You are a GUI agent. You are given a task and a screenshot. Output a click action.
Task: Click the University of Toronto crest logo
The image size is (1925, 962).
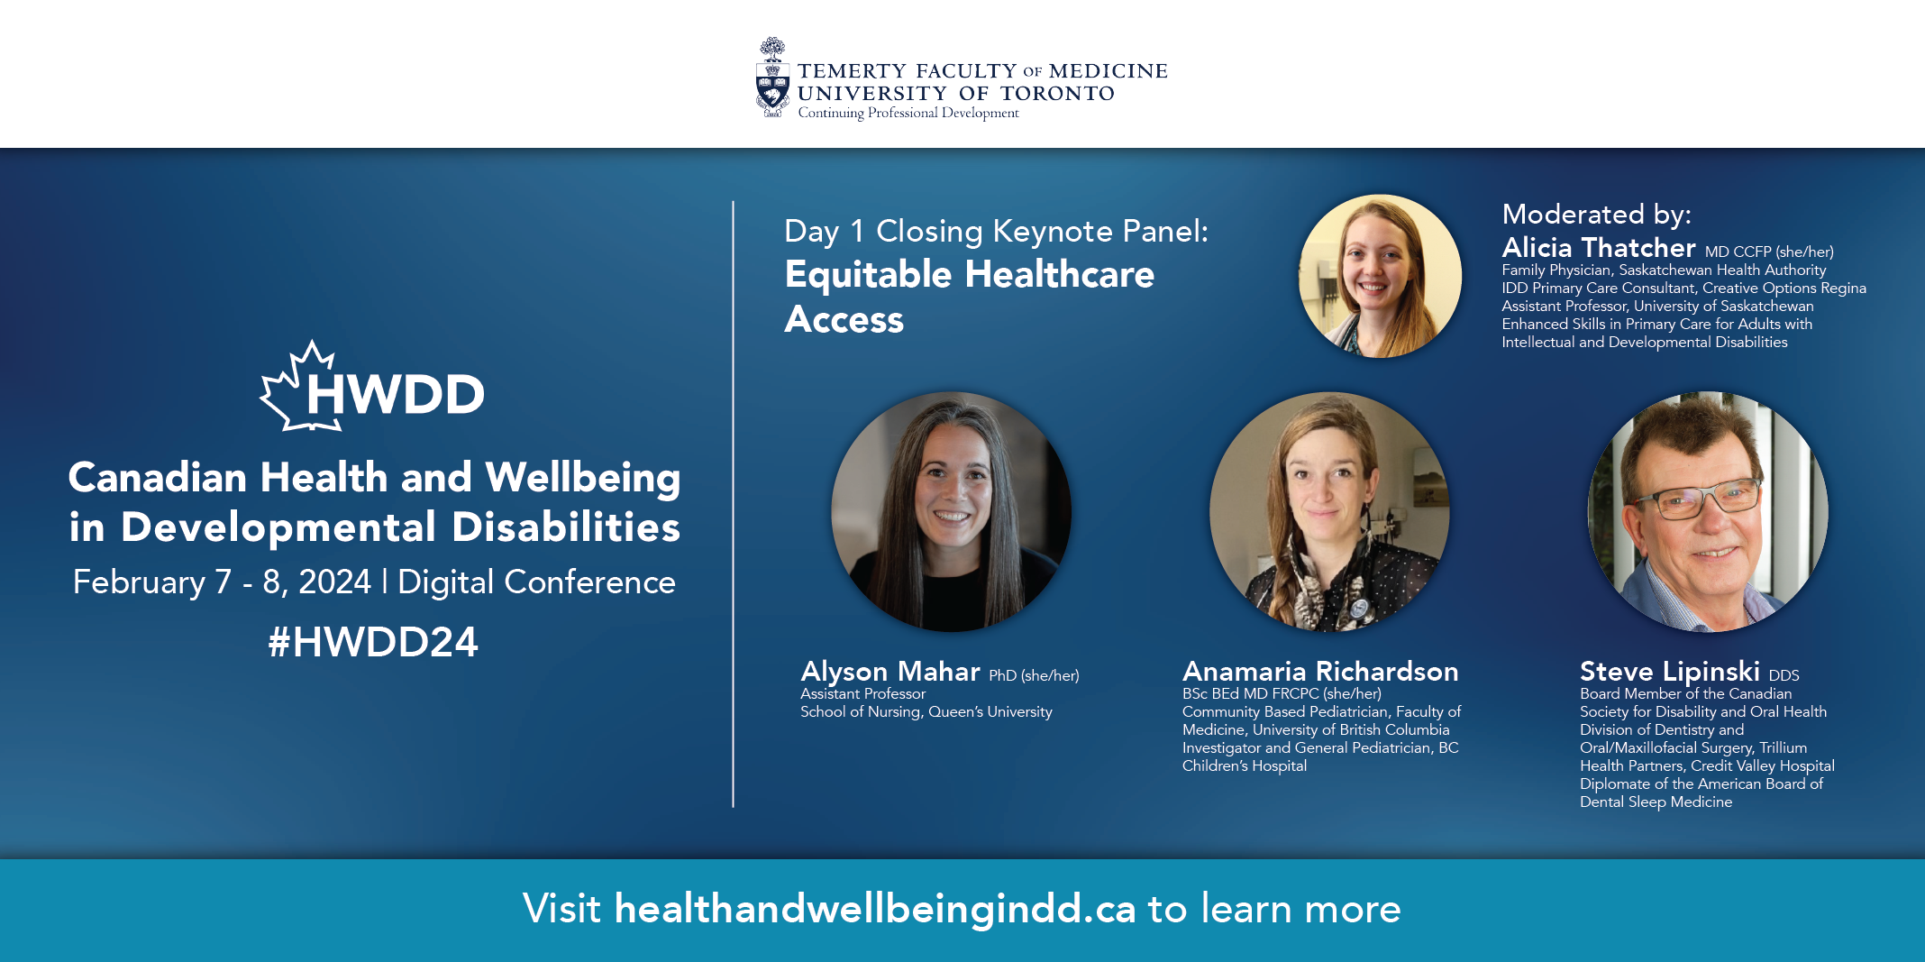pos(771,78)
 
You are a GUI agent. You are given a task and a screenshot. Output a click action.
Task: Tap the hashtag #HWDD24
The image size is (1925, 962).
pos(373,642)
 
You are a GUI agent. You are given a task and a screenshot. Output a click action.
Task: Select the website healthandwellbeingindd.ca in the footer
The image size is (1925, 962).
pos(875,909)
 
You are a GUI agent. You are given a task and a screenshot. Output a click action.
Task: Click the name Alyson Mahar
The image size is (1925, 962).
pos(890,672)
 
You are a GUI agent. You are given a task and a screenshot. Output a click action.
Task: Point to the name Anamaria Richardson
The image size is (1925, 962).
pos(1320,672)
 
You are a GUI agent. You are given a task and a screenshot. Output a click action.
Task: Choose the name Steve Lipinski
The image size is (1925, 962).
pos(1670,672)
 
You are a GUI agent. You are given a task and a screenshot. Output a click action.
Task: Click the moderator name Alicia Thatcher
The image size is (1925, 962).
pos(1599,247)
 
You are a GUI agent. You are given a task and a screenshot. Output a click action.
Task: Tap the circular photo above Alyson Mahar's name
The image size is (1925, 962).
pos(952,511)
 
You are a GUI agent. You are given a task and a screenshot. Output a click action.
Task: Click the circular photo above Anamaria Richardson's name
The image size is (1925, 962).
pos(1330,511)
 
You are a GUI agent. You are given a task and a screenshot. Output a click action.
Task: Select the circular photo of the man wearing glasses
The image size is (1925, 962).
pos(1708,511)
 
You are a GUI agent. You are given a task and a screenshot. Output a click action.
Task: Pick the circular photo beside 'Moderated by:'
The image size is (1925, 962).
pos(1380,276)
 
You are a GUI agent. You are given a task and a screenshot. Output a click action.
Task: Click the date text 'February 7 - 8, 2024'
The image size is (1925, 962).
pos(222,582)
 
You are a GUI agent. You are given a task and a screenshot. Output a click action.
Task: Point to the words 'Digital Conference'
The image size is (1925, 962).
pos(536,583)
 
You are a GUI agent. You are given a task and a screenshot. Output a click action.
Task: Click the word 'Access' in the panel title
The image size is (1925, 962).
pos(844,320)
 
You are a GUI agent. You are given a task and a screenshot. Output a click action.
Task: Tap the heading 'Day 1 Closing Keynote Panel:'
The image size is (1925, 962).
pos(996,232)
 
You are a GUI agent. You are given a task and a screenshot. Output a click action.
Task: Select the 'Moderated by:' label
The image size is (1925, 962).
pos(1596,215)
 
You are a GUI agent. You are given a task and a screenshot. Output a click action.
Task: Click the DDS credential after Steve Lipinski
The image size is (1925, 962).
pos(1784,675)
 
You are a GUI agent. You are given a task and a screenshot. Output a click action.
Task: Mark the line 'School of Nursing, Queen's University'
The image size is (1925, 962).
pos(926,712)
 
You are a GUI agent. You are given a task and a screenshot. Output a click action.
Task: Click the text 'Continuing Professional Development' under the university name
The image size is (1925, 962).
pos(908,113)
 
